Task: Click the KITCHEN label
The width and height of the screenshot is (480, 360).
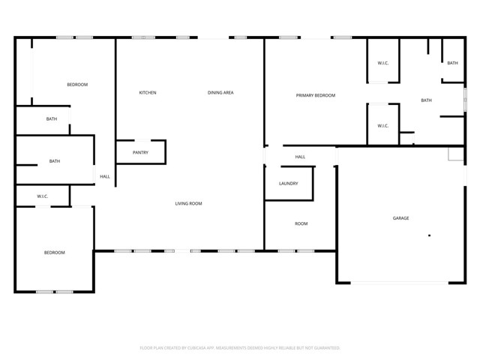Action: (148, 93)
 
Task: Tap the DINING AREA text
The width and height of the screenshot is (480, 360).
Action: (221, 93)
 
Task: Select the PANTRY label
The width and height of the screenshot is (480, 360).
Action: (140, 153)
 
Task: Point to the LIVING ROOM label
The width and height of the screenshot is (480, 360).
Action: (189, 203)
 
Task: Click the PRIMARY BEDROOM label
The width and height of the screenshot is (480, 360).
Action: (316, 95)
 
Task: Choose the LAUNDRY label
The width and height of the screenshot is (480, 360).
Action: (289, 184)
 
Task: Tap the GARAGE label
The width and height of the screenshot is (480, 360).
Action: (401, 218)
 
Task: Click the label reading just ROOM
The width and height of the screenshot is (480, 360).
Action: (301, 223)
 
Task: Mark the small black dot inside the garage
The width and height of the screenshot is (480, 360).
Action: (430, 235)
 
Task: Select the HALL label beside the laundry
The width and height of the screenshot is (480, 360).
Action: (300, 157)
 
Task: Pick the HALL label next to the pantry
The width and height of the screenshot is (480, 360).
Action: (105, 177)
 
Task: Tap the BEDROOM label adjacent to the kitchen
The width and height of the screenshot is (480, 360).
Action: (77, 85)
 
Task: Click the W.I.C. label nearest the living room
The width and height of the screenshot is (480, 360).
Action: (43, 196)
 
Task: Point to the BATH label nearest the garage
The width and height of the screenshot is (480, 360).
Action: (426, 100)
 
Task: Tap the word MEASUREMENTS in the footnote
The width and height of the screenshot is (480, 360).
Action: (243, 348)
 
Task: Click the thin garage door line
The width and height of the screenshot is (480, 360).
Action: (401, 283)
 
